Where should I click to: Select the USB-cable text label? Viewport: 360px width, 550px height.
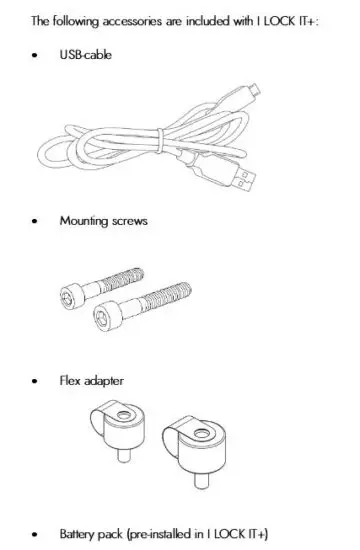click(x=86, y=55)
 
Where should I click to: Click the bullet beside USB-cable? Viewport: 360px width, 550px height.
click(x=36, y=55)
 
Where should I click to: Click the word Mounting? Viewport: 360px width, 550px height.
click(x=84, y=221)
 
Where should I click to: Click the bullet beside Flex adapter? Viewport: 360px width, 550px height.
click(x=36, y=382)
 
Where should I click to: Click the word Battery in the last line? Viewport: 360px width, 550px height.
click(x=77, y=534)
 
